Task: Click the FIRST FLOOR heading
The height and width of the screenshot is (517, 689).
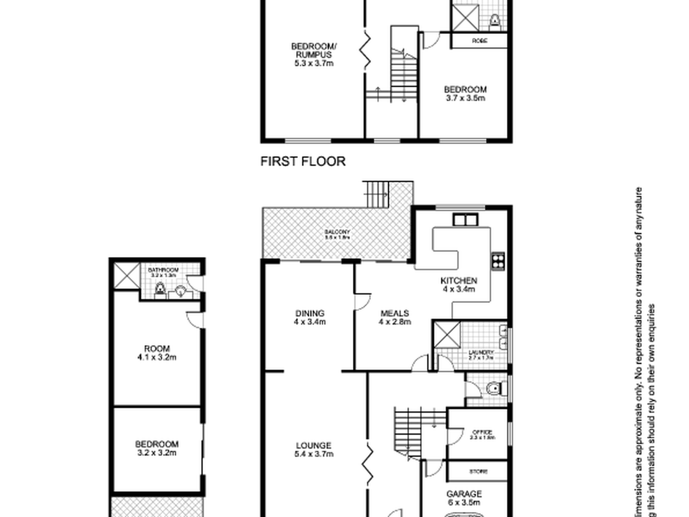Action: click(303, 161)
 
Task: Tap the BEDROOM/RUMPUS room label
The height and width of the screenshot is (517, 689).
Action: click(314, 50)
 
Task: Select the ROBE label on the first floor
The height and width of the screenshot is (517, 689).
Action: click(479, 41)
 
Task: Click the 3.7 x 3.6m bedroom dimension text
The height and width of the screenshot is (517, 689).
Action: click(465, 98)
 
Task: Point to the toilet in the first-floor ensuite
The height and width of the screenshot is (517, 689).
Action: click(495, 21)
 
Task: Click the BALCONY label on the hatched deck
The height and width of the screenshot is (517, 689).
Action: click(337, 232)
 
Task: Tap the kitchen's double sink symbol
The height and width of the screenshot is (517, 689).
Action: click(465, 220)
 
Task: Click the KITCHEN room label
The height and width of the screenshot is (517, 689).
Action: click(459, 280)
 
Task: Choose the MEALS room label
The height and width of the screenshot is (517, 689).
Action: click(395, 313)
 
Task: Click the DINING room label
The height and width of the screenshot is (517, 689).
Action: click(310, 313)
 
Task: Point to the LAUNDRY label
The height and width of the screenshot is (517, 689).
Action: click(481, 352)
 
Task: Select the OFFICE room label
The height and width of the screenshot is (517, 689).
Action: click(482, 432)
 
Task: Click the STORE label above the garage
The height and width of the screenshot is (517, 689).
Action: click(478, 472)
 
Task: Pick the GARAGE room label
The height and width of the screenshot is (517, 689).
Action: click(464, 494)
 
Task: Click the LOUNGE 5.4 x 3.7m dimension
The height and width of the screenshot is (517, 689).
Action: click(314, 454)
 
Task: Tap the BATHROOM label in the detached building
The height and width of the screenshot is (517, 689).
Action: click(163, 270)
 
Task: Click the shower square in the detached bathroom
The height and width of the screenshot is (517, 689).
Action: click(127, 276)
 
